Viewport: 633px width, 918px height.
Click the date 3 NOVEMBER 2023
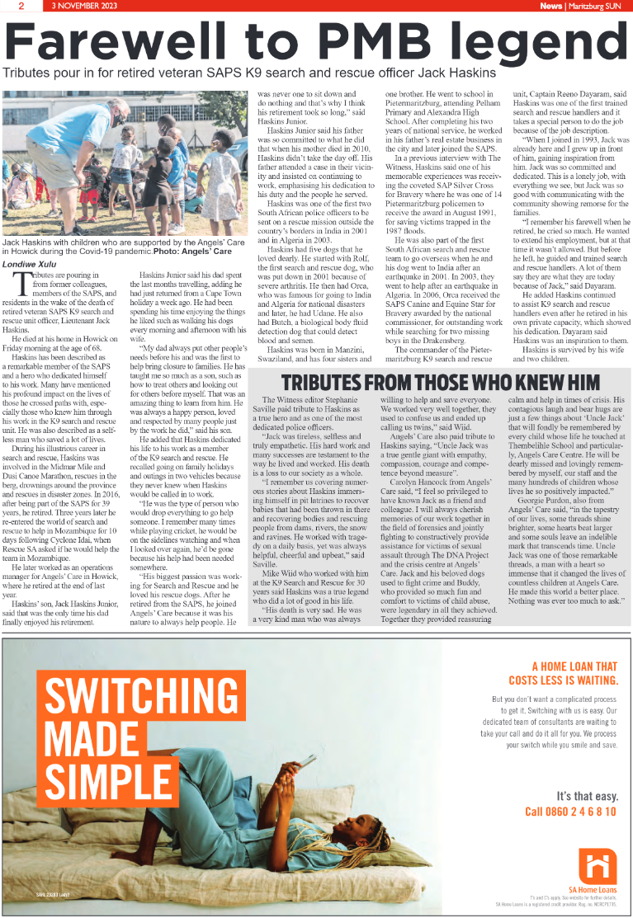[85, 6]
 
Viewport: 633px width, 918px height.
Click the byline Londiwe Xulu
[32, 266]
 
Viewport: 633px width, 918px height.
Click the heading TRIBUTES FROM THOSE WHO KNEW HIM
[438, 383]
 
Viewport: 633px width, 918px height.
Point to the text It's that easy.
[587, 796]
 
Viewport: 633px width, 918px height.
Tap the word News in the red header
[551, 6]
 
